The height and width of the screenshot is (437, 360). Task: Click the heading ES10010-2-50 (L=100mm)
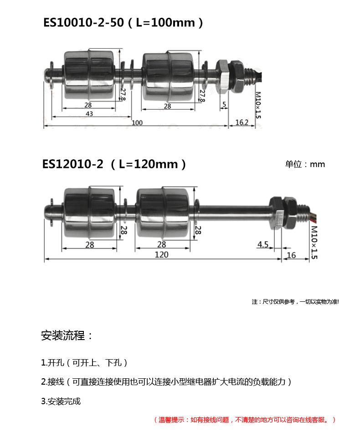coord(123,23)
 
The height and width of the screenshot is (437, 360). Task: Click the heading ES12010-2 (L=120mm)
coord(114,164)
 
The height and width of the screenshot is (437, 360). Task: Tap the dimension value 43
coord(89,114)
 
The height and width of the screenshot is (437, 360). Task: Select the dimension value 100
coord(137,122)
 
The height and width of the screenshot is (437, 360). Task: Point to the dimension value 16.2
coord(242,122)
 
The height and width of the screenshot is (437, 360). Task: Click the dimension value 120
coord(162,255)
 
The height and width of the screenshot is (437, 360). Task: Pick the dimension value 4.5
coord(263,245)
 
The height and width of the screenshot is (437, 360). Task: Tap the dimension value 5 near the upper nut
coord(224,105)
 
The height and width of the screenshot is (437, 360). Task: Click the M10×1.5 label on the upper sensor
coord(258,105)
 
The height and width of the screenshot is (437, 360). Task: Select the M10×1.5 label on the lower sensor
coord(314,243)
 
